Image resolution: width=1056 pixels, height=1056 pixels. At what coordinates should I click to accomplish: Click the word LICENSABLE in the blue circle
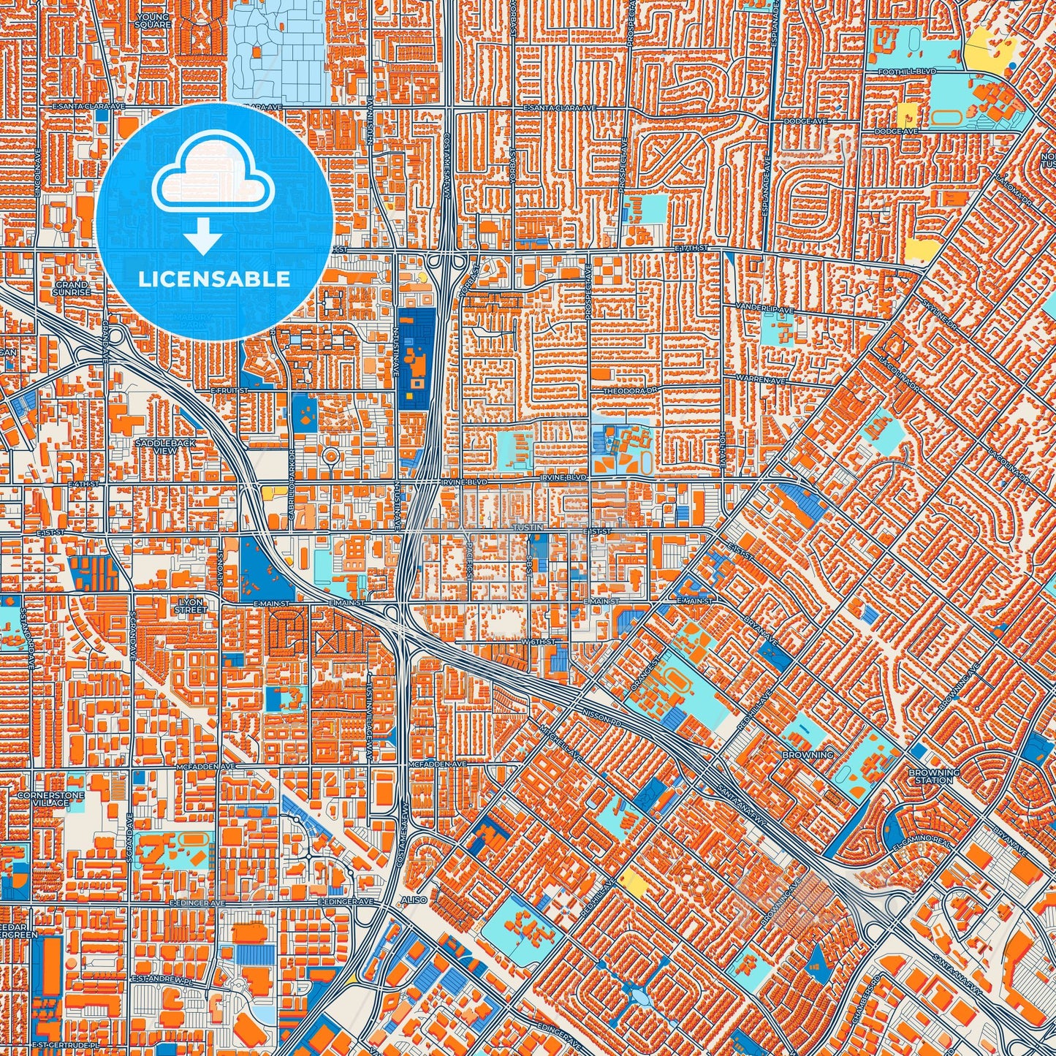pos(214,279)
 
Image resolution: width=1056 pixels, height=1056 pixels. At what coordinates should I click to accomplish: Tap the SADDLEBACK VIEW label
pos(156,447)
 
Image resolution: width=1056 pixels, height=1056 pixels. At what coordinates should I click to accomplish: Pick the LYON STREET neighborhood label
pos(191,605)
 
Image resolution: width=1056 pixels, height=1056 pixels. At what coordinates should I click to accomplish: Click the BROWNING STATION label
pos(934,776)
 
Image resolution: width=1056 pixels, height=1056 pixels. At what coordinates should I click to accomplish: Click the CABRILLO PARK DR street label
pos(291,485)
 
